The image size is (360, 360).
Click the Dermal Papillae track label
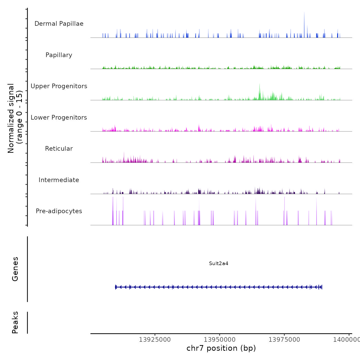tap(59, 24)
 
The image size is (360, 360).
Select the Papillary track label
tap(59, 55)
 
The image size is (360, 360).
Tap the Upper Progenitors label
tap(59, 86)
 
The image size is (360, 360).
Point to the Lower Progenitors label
tap(59, 118)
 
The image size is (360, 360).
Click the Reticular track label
tap(59, 149)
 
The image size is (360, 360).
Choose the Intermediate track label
tap(59, 180)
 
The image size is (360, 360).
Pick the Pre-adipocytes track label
tap(59, 211)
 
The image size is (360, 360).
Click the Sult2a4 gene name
tap(219, 263)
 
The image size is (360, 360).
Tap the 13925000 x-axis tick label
tap(155, 340)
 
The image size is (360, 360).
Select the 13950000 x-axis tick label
tap(220, 340)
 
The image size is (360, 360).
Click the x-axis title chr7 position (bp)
tap(221, 348)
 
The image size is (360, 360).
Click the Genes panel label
tap(15, 269)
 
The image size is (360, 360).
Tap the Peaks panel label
tap(15, 322)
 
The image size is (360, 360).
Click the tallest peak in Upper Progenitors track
tap(259, 84)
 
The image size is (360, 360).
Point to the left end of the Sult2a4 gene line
tap(116, 287)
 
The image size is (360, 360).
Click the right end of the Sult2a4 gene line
tap(322, 287)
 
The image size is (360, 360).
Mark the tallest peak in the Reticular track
tap(124, 152)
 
